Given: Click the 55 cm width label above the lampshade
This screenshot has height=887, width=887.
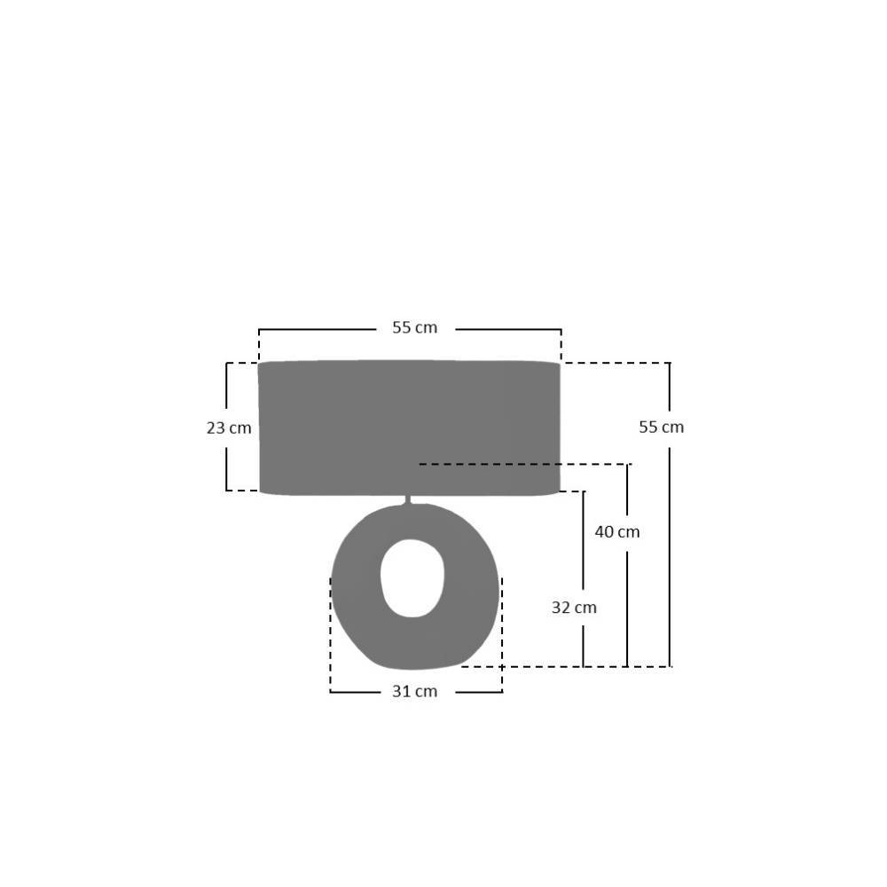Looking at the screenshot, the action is (x=414, y=327).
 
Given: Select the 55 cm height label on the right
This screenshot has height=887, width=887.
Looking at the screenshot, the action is (x=662, y=428).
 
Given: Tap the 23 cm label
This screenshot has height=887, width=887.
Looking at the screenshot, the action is (x=229, y=428).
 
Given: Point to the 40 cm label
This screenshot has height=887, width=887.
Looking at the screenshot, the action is (x=617, y=531).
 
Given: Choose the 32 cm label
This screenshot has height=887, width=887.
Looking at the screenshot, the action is (x=574, y=608).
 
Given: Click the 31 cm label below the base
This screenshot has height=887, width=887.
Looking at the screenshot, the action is (x=414, y=691).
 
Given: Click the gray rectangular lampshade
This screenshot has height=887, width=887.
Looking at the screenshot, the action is (x=409, y=428).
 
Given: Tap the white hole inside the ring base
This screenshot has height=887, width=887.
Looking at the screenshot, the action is (x=412, y=577).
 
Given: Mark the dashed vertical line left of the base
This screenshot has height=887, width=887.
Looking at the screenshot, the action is (x=330, y=634).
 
